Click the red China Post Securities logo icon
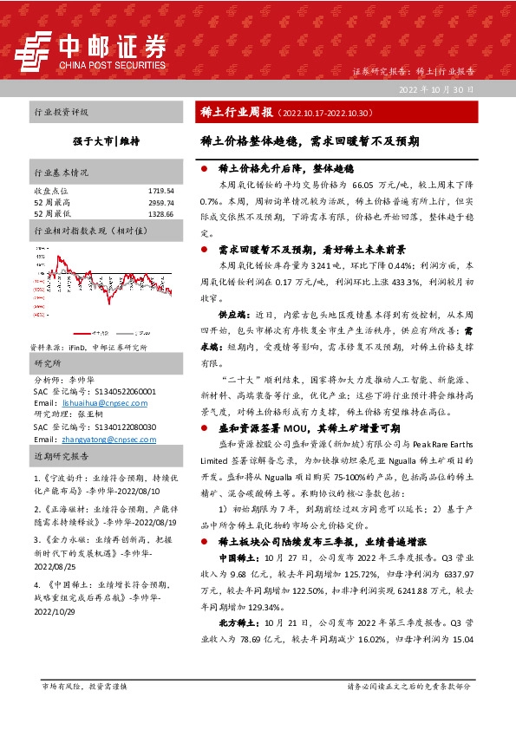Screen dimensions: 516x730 [38, 49]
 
